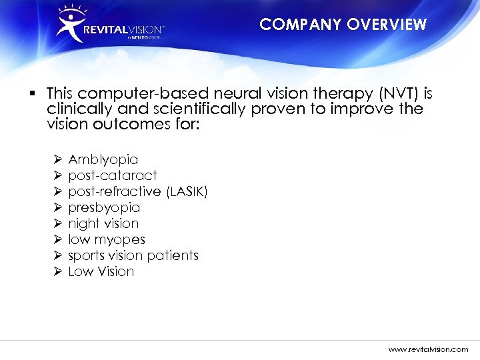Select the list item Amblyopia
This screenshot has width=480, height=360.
(103, 159)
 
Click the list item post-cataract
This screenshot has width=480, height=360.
(113, 175)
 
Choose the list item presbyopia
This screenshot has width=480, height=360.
(104, 207)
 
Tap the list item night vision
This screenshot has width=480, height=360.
(103, 223)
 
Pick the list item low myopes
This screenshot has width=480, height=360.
(107, 239)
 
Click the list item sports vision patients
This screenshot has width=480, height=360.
(133, 255)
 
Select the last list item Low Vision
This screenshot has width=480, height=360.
(101, 271)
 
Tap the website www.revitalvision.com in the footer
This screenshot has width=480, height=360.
(429, 349)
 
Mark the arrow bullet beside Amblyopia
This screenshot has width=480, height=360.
(57, 159)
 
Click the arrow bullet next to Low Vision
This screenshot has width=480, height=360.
(57, 271)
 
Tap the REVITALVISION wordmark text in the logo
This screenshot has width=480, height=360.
(123, 29)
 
